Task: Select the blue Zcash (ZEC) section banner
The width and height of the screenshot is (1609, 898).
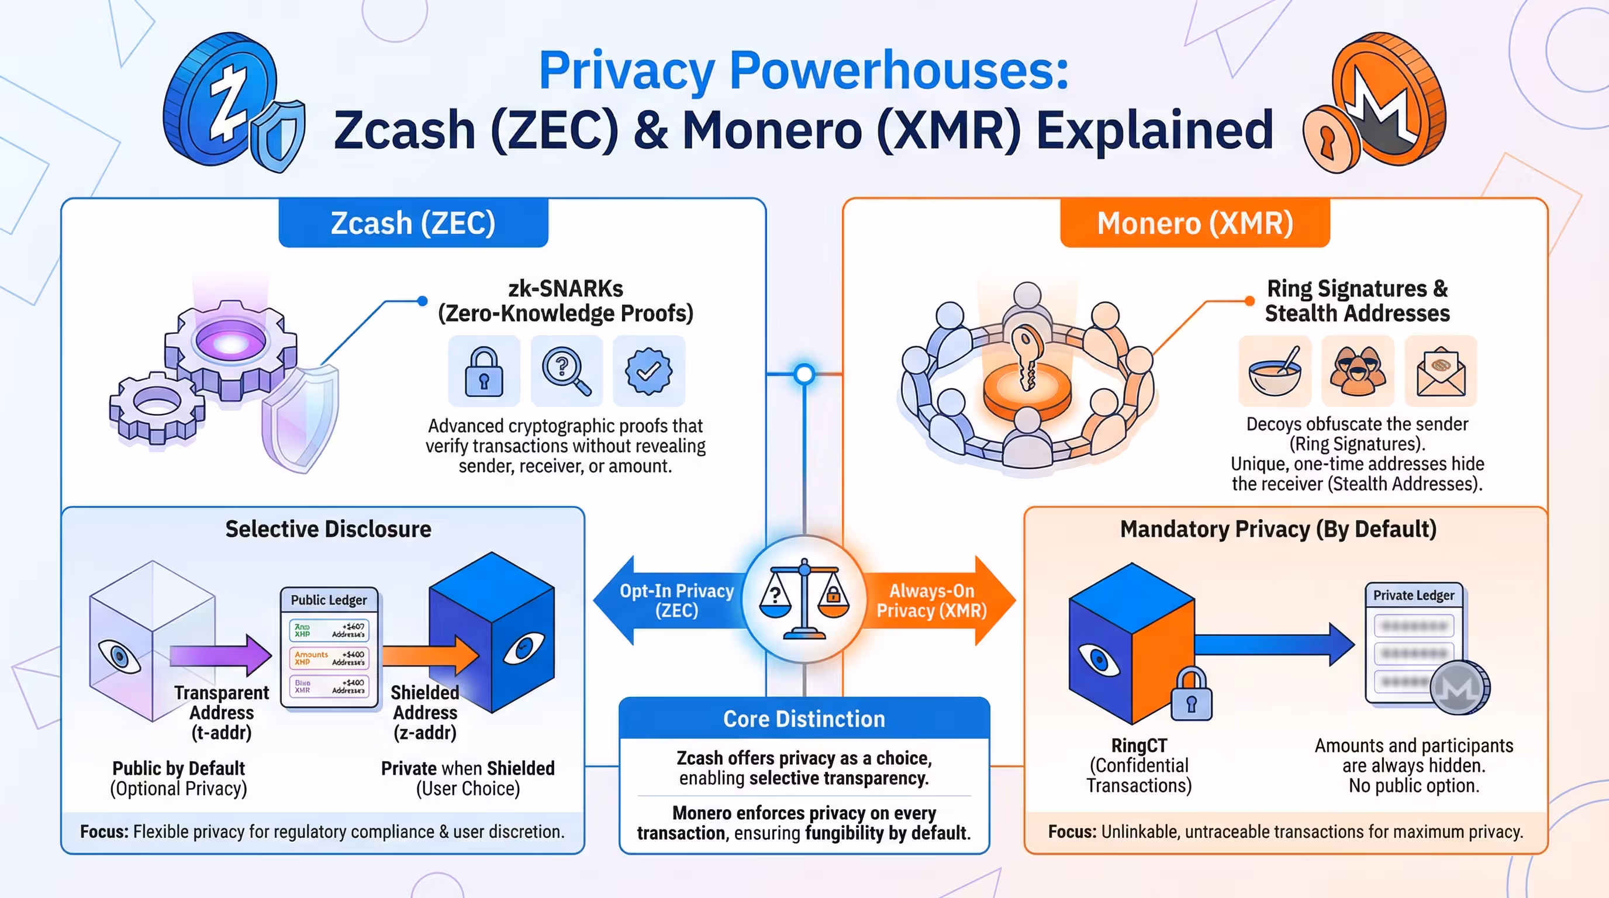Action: point(413,223)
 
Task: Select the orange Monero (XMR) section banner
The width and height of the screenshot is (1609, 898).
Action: point(1194,223)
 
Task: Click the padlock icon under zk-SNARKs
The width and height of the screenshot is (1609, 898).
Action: point(484,372)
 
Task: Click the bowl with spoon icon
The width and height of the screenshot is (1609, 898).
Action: point(1275,372)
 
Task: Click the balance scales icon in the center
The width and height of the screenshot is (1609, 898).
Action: point(804,599)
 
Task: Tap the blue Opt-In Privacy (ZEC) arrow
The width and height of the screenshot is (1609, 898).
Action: point(668,600)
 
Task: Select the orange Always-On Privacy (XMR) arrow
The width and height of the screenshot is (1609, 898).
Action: point(937,600)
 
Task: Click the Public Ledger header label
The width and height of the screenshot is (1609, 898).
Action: point(329,600)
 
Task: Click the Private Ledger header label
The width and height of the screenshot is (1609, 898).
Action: point(1414,595)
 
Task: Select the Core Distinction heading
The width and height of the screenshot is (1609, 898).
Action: point(804,719)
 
